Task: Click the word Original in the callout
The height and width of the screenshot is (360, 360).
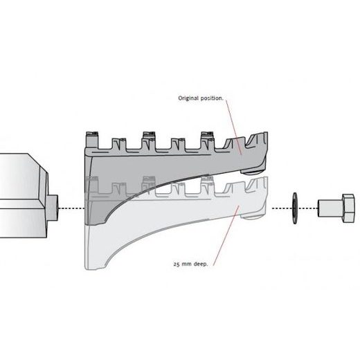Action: coord(188,98)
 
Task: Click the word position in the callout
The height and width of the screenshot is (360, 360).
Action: coord(212,98)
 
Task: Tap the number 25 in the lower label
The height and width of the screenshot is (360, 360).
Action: coord(177,264)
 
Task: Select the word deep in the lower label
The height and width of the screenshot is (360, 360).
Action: coord(200,264)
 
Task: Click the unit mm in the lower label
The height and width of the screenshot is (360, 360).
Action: coord(186,264)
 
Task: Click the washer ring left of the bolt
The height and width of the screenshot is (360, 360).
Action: coord(295,208)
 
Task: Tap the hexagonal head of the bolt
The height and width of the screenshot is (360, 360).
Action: coord(348,208)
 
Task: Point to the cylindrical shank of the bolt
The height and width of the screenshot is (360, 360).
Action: coord(330,208)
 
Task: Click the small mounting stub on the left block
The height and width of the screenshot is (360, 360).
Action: coord(52,208)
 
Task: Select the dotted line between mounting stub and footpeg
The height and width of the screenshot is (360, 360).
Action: coord(71,208)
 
